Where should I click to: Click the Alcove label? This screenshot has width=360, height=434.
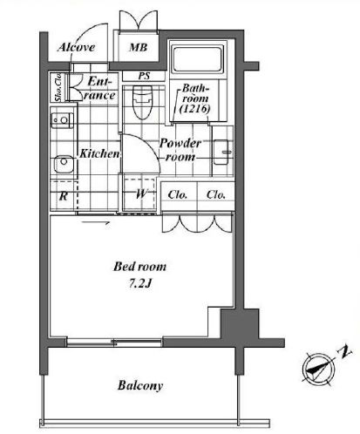(x=77, y=47)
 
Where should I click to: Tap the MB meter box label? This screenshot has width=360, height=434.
(x=139, y=47)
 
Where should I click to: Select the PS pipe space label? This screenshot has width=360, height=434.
(x=144, y=76)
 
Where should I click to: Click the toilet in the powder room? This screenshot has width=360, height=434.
(x=142, y=102)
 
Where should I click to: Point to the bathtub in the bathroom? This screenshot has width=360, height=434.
(x=197, y=60)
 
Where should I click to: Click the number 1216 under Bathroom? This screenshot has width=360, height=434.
(x=194, y=109)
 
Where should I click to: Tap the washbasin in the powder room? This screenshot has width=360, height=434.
(x=222, y=152)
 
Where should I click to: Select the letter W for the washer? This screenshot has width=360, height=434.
(x=141, y=193)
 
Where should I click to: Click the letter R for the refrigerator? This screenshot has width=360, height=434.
(x=64, y=196)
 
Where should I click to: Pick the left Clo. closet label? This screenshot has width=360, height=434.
(x=178, y=194)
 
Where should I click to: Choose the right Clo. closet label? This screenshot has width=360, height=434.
(x=216, y=194)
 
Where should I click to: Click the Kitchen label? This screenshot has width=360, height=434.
(x=99, y=153)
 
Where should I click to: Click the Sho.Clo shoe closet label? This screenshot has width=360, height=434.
(x=58, y=87)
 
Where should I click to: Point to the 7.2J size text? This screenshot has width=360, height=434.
(x=139, y=284)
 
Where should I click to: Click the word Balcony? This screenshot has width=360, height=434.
(x=140, y=385)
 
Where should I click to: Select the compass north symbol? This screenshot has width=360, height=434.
(x=319, y=370)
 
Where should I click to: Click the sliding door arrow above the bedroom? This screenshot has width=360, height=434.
(x=96, y=223)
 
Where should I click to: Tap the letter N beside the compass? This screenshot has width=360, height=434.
(x=344, y=352)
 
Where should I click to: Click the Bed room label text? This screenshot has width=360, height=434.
(x=139, y=267)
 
